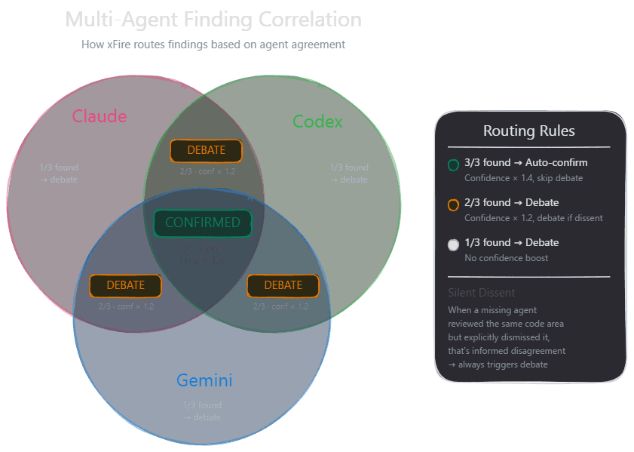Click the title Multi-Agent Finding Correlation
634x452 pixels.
click(x=213, y=20)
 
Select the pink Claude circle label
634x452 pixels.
click(x=100, y=116)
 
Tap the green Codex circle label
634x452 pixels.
click(x=317, y=121)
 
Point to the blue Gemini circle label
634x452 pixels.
click(x=204, y=380)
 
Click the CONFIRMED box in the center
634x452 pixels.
click(x=202, y=223)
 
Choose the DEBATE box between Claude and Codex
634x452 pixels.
click(x=206, y=150)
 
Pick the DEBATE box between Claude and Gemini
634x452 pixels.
click(x=126, y=285)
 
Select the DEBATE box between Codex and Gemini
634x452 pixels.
click(x=283, y=285)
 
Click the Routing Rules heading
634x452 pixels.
click(x=528, y=131)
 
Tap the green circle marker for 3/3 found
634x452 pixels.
click(x=453, y=165)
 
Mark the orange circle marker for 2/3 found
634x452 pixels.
click(x=453, y=204)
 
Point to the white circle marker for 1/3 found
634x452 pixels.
click(x=453, y=244)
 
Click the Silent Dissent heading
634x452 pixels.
click(x=482, y=293)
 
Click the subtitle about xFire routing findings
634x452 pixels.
click(x=213, y=45)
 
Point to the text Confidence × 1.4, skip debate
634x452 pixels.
click(x=523, y=178)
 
